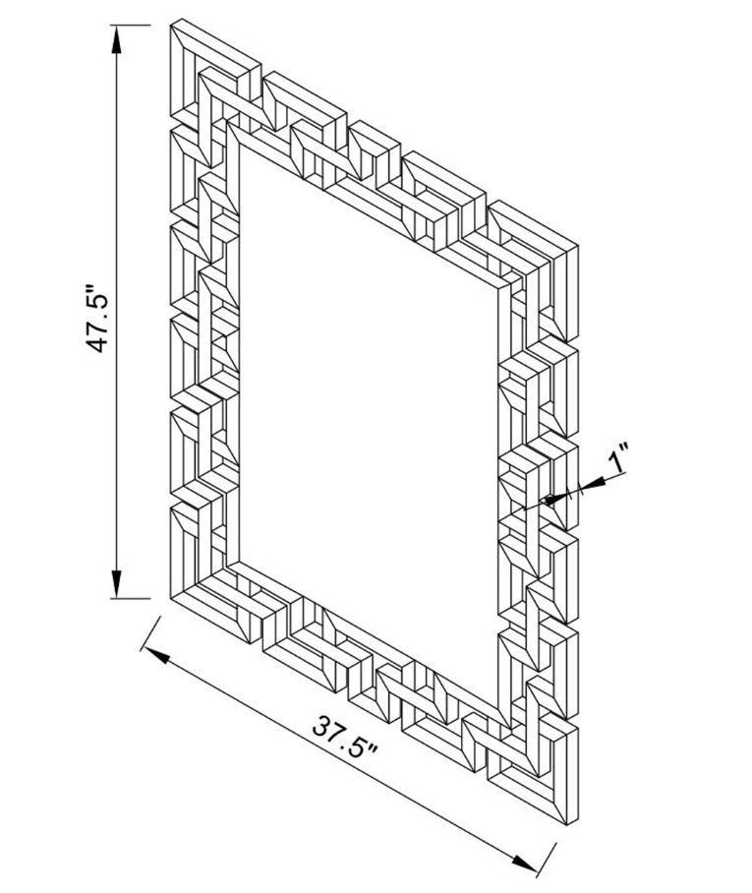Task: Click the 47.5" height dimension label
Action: click(x=98, y=320)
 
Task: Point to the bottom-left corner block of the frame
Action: click(x=202, y=561)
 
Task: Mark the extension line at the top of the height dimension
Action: click(x=133, y=24)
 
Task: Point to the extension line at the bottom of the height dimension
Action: click(x=133, y=598)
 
